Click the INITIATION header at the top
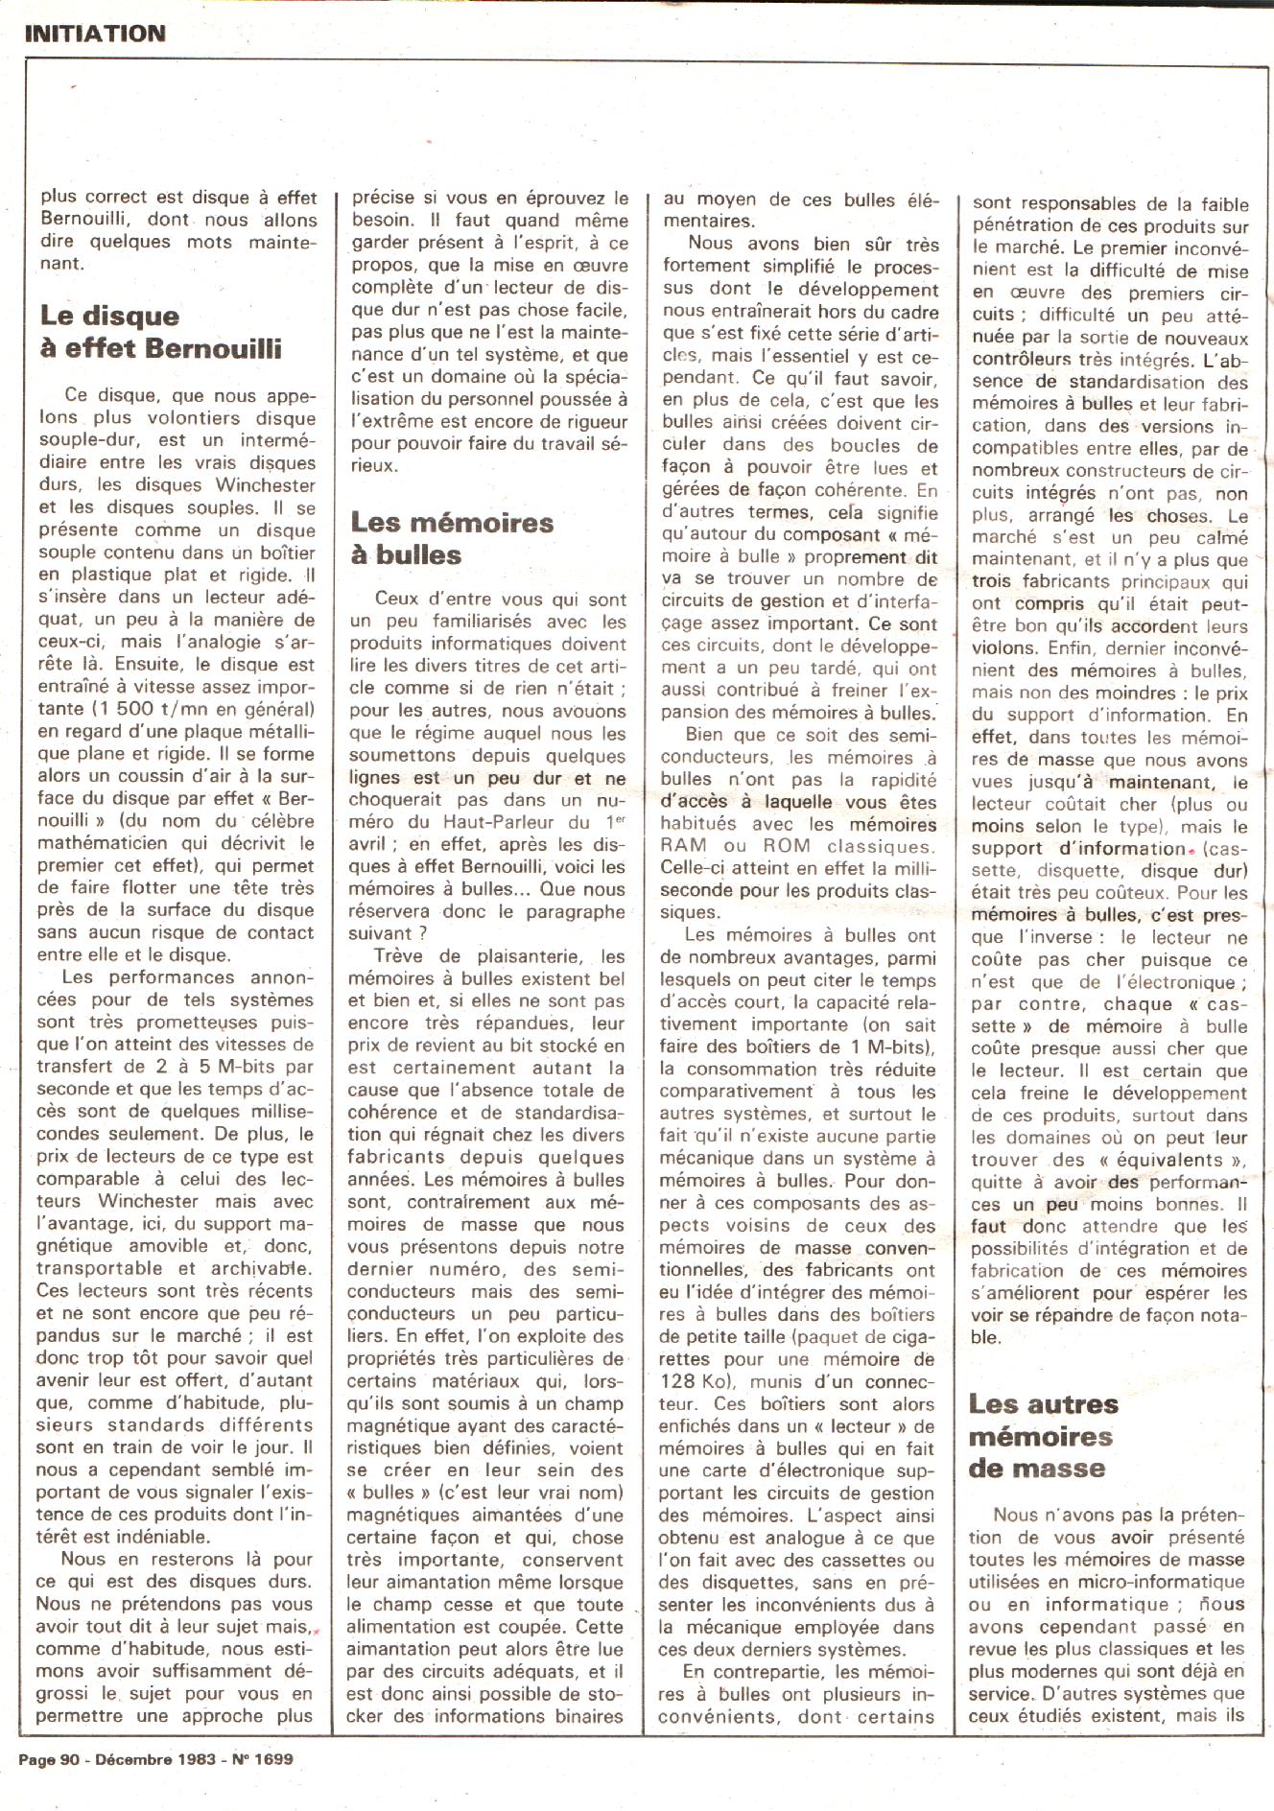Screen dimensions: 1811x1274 point(94,34)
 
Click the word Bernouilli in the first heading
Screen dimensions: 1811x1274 point(214,348)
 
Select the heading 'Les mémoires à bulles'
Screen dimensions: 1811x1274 point(452,538)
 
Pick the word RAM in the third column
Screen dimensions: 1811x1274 point(684,846)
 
